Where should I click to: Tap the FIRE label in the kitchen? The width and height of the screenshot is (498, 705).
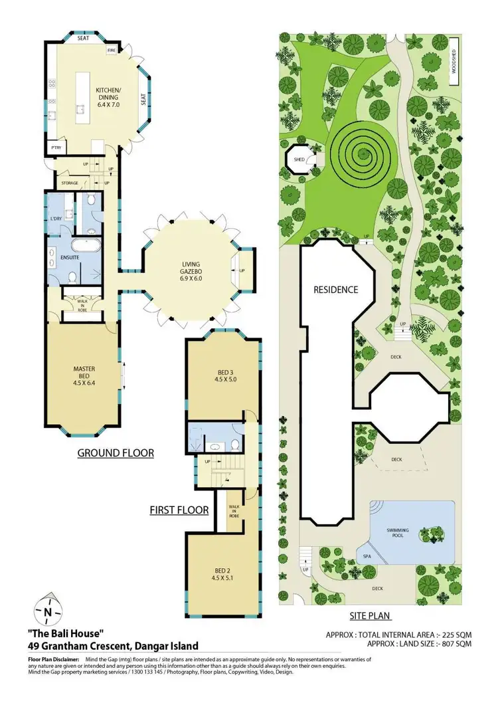click(112, 50)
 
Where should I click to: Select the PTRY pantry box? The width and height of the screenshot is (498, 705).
click(52, 148)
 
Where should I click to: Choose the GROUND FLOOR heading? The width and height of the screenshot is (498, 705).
click(116, 453)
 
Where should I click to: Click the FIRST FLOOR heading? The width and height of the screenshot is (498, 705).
click(179, 510)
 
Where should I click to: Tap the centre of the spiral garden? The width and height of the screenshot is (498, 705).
click(363, 155)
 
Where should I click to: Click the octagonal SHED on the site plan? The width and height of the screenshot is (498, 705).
click(299, 160)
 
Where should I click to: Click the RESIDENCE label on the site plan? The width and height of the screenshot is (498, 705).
click(335, 290)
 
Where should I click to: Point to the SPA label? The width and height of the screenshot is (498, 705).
click(366, 555)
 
